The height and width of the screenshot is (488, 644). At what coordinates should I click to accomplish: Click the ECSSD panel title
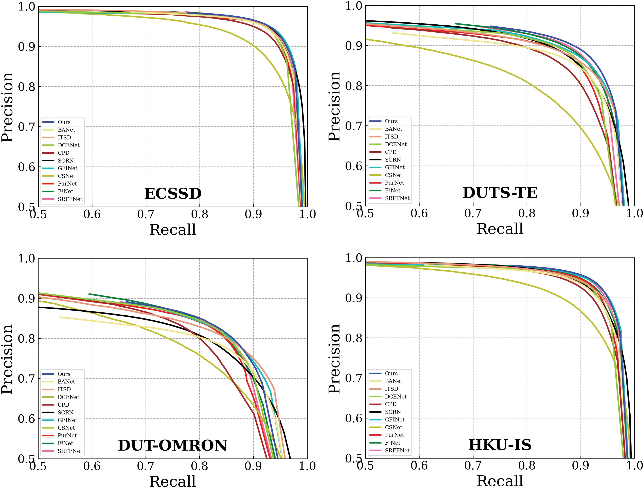pyautogui.click(x=173, y=194)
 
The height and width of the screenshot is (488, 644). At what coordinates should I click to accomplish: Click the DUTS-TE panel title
pyautogui.click(x=500, y=193)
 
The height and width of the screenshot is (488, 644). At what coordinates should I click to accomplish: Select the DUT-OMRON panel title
pyautogui.click(x=172, y=445)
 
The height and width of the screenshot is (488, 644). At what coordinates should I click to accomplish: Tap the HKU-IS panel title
pyautogui.click(x=500, y=445)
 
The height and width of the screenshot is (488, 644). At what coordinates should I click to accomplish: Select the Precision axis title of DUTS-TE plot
pyautogui.click(x=334, y=107)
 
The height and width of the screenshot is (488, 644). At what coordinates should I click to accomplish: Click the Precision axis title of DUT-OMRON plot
pyautogui.click(x=7, y=359)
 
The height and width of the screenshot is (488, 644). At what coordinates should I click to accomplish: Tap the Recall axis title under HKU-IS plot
pyautogui.click(x=500, y=481)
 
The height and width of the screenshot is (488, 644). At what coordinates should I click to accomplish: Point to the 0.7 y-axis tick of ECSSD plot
pyautogui.click(x=26, y=127)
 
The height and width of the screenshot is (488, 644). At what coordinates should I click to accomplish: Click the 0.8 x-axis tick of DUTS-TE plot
pyautogui.click(x=527, y=213)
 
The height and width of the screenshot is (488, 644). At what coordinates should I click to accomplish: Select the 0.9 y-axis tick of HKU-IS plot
pyautogui.click(x=353, y=298)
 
